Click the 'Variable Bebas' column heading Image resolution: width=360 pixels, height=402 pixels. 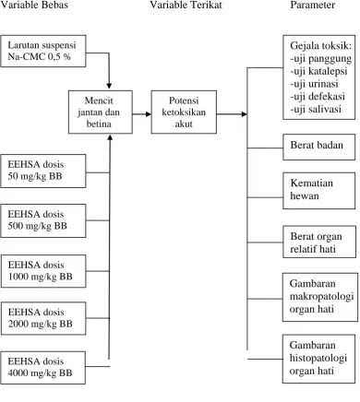(x=34, y=5)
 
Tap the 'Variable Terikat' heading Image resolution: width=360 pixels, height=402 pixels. (x=186, y=5)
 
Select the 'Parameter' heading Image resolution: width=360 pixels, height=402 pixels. (x=313, y=5)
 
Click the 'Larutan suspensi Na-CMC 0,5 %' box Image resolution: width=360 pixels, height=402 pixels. (x=43, y=51)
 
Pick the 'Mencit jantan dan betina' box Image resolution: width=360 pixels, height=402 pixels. (x=101, y=112)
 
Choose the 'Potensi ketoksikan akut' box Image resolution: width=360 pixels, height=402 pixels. (x=184, y=112)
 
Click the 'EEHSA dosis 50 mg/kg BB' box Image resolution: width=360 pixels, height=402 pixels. (x=43, y=171)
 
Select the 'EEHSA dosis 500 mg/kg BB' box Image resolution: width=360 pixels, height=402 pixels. (x=43, y=220)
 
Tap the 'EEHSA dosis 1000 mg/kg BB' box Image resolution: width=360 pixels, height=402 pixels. (x=43, y=271)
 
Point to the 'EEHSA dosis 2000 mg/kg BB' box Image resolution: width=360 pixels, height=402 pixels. (x=43, y=318)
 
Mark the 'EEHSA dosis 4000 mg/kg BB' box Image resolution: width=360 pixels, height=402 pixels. (x=43, y=368)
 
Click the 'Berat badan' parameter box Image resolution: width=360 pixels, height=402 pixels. (x=319, y=147)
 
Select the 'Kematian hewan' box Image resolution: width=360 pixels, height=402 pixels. (x=319, y=191)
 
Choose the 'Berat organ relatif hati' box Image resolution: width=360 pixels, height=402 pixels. (x=319, y=242)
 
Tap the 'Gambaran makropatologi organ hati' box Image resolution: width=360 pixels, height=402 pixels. (x=320, y=297)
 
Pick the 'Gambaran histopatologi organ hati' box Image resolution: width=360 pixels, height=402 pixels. (x=318, y=359)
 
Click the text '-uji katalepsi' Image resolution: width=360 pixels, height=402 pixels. (x=318, y=71)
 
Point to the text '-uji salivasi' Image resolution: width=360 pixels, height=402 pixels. (x=316, y=109)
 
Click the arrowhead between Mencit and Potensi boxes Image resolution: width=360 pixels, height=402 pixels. (x=149, y=114)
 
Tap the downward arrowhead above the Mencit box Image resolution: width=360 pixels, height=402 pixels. (x=109, y=86)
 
